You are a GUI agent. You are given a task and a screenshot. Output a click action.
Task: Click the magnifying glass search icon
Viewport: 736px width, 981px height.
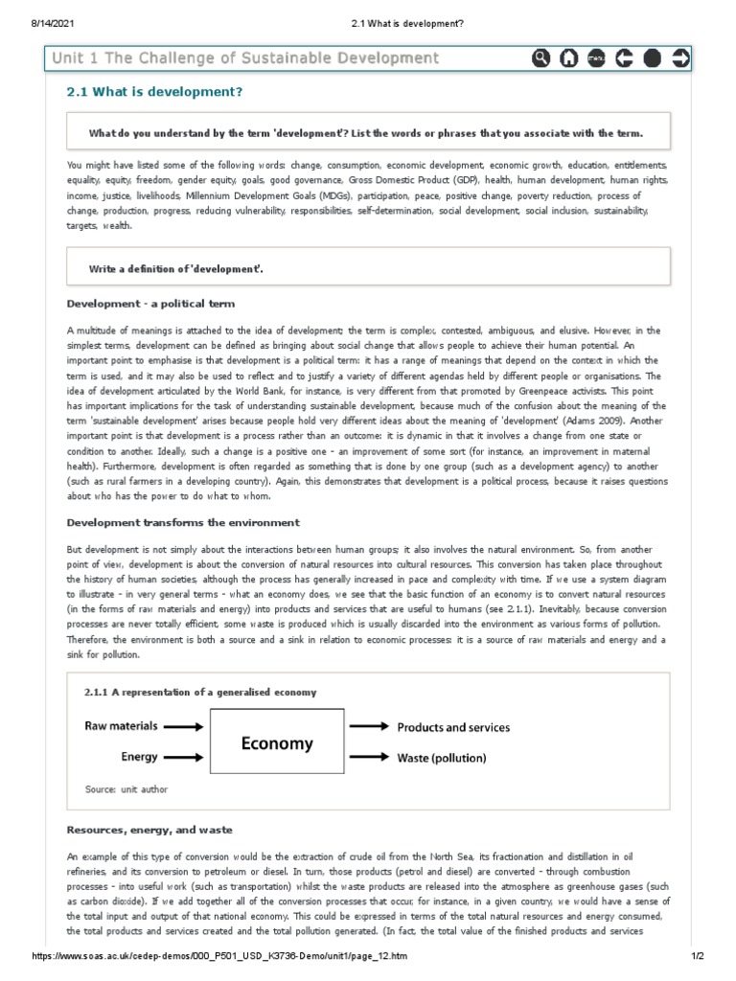coord(541,58)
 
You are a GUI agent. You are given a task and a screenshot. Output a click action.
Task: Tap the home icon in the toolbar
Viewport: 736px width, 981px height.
coord(568,58)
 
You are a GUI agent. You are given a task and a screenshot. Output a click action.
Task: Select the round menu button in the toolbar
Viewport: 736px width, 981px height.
coord(596,58)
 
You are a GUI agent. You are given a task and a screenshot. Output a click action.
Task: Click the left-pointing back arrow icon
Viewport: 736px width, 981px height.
coord(624,58)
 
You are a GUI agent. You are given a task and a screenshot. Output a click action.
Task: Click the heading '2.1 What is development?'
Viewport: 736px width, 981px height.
coord(153,92)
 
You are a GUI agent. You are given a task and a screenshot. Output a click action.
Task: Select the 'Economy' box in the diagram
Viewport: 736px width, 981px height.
coord(277,743)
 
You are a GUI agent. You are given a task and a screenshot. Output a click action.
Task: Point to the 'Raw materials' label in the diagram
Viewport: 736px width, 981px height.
coord(122,726)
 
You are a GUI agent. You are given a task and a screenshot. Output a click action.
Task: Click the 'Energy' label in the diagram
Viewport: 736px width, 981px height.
coord(139,757)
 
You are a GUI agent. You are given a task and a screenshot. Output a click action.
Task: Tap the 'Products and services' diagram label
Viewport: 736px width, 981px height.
coord(454,727)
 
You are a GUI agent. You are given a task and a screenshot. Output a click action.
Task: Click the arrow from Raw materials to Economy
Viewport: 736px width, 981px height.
coord(186,727)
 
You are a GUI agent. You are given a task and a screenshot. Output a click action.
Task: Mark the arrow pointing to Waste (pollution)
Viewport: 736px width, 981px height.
coord(369,758)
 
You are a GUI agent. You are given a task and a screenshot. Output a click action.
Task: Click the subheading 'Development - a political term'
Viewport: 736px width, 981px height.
coord(150,304)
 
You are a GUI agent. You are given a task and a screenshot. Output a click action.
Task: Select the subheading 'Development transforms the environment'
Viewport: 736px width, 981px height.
coord(183,522)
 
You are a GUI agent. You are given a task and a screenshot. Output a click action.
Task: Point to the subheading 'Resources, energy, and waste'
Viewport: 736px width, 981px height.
coord(149,829)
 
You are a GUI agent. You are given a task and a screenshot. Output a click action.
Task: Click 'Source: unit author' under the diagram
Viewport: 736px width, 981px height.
coord(126,789)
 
